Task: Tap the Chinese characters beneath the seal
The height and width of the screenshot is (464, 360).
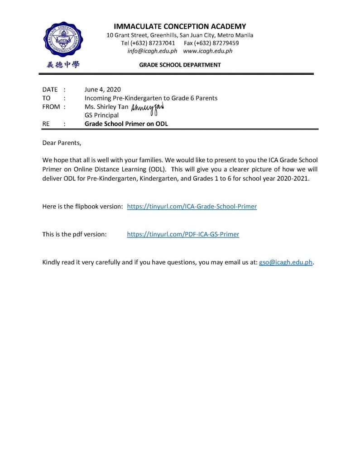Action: coord(63,65)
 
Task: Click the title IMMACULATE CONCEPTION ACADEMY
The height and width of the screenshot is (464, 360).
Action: coord(180,26)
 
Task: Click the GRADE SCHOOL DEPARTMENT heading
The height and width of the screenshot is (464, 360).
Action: coord(180,65)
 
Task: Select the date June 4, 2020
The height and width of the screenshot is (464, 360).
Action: coord(103,89)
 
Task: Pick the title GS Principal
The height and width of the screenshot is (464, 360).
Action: coord(101,115)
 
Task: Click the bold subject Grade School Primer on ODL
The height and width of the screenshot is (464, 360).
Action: coord(126,123)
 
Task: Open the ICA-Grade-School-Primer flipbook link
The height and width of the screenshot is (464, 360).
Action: coord(192,206)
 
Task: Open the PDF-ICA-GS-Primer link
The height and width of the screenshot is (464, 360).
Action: coord(183,234)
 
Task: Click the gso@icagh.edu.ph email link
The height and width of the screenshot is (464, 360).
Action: coord(286,262)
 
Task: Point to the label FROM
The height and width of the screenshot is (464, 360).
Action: coord(51,106)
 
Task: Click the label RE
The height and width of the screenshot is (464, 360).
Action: coord(47,123)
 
